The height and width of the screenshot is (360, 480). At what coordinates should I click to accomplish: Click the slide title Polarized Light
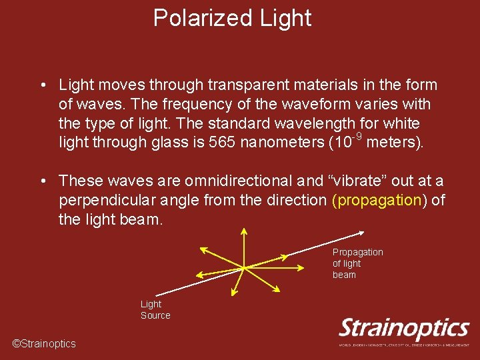[x=232, y=18]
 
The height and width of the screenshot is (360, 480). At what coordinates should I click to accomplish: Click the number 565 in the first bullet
[x=221, y=143]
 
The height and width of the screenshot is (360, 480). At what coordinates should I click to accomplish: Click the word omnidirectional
[x=241, y=181]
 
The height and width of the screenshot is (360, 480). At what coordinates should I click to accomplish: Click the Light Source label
[x=155, y=309]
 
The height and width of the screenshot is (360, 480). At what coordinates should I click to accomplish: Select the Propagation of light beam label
[x=357, y=263]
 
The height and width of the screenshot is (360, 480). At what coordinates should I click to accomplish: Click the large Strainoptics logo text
[x=404, y=329]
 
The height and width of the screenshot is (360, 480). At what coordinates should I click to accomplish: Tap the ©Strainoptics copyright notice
[x=44, y=343]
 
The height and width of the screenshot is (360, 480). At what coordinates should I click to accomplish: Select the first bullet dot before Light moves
[x=42, y=86]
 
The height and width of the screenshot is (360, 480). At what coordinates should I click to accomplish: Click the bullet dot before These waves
[x=42, y=181]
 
